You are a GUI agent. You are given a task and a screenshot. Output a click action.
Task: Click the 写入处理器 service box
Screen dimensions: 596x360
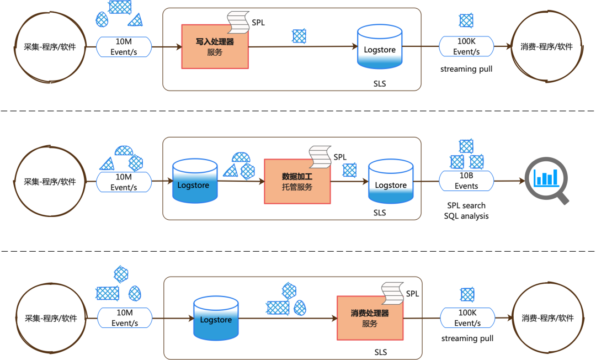(x=215, y=47)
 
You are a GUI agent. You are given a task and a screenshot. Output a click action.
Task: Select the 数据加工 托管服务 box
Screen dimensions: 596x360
(x=297, y=181)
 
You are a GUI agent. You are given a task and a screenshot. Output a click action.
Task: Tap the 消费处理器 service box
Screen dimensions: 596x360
(x=370, y=318)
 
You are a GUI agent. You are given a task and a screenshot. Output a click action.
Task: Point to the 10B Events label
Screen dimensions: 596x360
(x=466, y=181)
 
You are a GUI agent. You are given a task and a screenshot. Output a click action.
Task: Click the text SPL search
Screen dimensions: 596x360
(x=466, y=205)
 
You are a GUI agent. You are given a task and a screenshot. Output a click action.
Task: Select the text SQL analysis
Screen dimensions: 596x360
(x=466, y=216)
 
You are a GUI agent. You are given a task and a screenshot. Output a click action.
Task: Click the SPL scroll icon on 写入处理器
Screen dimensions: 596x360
(x=238, y=23)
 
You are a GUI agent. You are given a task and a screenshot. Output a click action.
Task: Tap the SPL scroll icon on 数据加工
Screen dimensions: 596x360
(x=320, y=157)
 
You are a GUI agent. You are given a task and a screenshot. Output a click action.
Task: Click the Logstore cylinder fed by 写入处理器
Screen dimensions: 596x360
(x=380, y=47)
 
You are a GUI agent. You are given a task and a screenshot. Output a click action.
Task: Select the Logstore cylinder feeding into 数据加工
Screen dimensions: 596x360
(x=195, y=181)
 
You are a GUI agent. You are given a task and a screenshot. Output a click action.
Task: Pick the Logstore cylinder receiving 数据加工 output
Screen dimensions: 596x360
(x=391, y=181)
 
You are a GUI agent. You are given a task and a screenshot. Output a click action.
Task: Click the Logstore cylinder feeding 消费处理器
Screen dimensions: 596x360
(x=216, y=318)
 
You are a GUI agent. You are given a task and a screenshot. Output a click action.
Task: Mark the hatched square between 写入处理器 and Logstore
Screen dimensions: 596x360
(x=299, y=36)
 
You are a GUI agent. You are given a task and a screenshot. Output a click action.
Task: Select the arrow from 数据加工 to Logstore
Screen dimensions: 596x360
(x=350, y=182)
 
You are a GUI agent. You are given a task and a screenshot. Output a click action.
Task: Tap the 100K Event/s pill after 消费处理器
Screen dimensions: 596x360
(x=467, y=317)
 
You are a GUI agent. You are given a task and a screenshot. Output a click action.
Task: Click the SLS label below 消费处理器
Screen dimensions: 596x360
(x=380, y=352)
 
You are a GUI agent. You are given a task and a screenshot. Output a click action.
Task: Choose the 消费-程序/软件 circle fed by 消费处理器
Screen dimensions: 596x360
(x=548, y=318)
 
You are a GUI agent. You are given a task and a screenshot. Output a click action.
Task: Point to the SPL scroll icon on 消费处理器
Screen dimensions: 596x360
(x=393, y=294)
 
